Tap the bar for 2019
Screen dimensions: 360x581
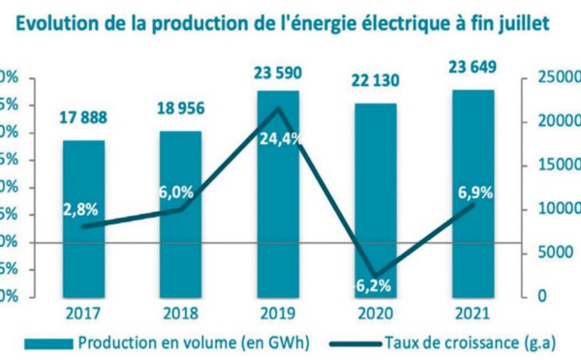coord(278,194)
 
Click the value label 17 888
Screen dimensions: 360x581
coord(84,119)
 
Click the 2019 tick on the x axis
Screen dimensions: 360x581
coord(278,314)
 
